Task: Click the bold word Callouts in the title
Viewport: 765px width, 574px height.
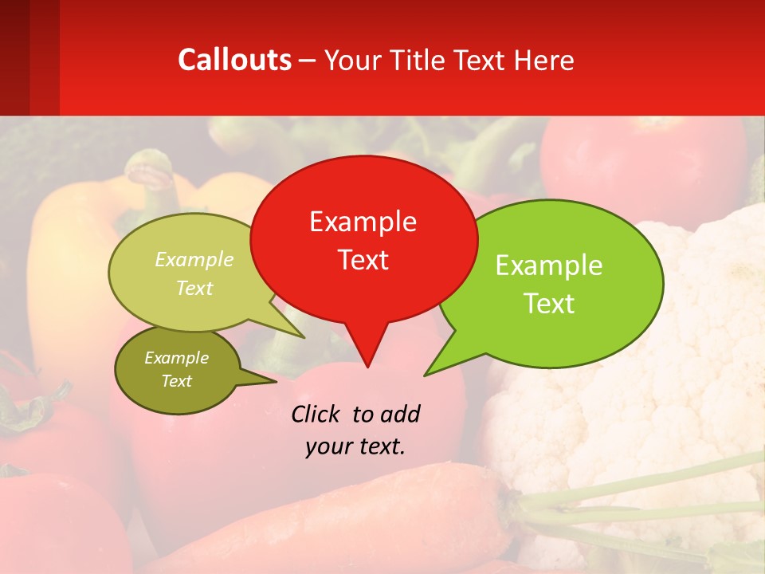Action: pos(234,60)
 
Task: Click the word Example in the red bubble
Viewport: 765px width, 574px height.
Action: pos(363,222)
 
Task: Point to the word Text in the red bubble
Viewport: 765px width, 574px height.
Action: pos(363,260)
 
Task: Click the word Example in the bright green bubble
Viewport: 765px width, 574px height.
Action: pos(549,265)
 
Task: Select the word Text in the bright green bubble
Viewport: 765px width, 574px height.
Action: pos(549,304)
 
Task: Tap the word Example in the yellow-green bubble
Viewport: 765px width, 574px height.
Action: pos(194,260)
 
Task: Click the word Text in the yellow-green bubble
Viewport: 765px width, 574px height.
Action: pos(194,288)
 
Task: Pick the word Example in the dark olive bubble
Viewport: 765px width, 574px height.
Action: pos(176,358)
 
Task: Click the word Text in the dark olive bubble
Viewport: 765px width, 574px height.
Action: pos(176,381)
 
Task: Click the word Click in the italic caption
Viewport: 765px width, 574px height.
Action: pos(317,415)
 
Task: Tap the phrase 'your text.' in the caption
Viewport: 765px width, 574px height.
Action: pos(355,447)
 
